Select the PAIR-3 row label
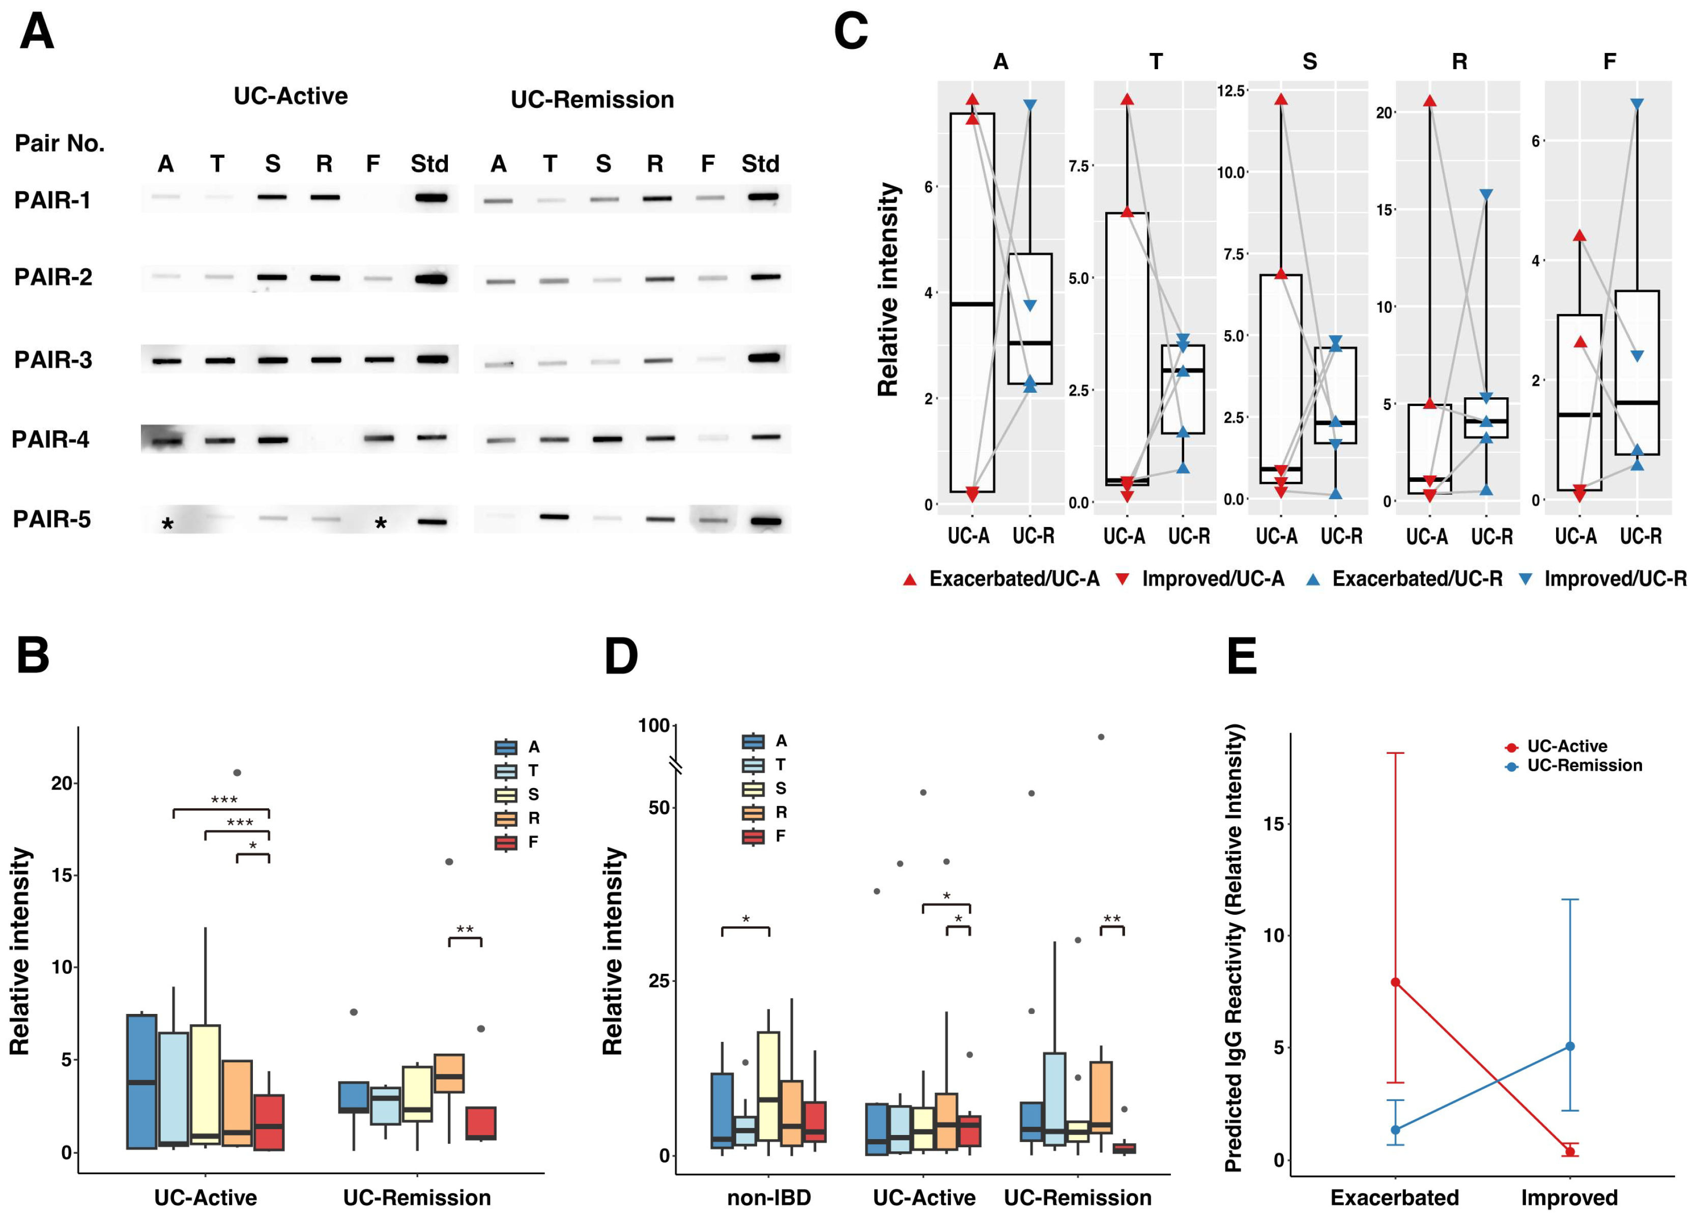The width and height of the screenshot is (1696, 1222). [x=53, y=360]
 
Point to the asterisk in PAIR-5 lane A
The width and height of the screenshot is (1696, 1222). [x=167, y=524]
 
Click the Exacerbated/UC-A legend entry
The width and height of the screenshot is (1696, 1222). [x=1002, y=579]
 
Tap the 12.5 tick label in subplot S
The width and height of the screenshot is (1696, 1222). [x=1231, y=91]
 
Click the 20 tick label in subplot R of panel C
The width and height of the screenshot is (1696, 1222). [x=1384, y=113]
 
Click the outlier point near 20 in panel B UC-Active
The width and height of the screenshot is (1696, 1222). [x=237, y=773]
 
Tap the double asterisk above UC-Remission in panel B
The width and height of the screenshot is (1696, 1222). [x=465, y=929]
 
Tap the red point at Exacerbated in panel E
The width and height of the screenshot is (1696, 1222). [x=1395, y=982]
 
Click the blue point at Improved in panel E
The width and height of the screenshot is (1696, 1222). [x=1570, y=1046]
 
